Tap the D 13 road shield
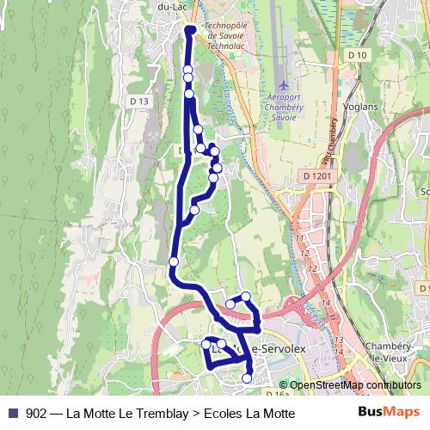pyautogui.click(x=139, y=101)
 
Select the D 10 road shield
pyautogui.click(x=358, y=55)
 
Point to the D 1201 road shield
pyautogui.click(x=316, y=175)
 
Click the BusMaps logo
pyautogui.click(x=389, y=413)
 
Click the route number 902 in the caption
pyautogui.click(x=37, y=414)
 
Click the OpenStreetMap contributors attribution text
pyautogui.click(x=355, y=385)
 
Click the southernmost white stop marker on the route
pyautogui.click(x=248, y=378)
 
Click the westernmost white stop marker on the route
pyautogui.click(x=174, y=261)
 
